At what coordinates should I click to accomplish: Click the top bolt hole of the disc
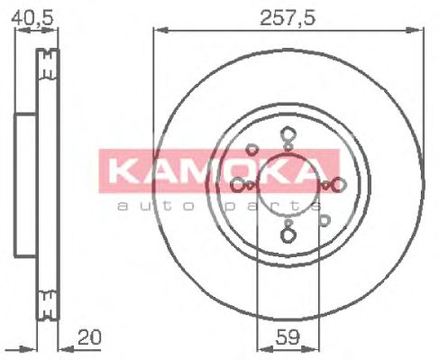288,136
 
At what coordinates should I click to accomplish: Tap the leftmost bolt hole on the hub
238,185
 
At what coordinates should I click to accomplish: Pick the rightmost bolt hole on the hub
338,185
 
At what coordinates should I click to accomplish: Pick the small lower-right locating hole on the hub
323,218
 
